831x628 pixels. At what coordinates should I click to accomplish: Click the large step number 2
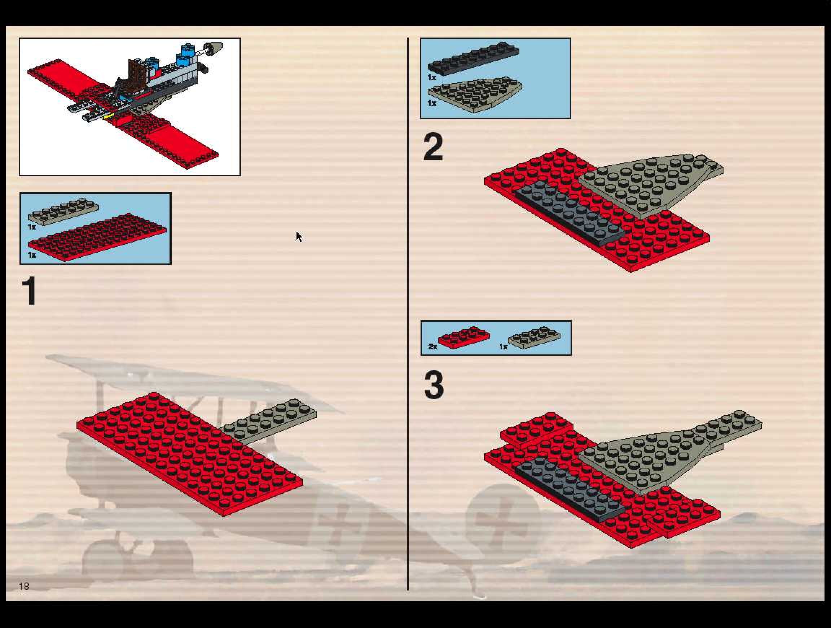pos(433,147)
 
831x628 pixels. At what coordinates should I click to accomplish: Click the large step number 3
pos(434,385)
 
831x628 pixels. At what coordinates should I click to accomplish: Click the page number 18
pos(24,586)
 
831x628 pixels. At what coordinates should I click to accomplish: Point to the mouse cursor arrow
pos(299,237)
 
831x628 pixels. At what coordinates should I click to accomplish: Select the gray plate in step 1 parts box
pos(63,211)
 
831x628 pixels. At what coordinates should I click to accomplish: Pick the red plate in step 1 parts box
pos(97,237)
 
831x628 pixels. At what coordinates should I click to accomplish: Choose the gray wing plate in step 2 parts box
pos(475,94)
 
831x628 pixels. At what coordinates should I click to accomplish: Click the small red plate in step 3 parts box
pos(464,337)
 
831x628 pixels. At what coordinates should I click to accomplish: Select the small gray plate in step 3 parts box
pos(534,337)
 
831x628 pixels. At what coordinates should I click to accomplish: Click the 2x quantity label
pos(433,346)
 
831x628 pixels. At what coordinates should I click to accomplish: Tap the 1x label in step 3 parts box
pos(504,346)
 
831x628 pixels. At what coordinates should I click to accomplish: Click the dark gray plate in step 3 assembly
pos(570,490)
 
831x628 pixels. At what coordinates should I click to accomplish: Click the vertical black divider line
pos(408,314)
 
